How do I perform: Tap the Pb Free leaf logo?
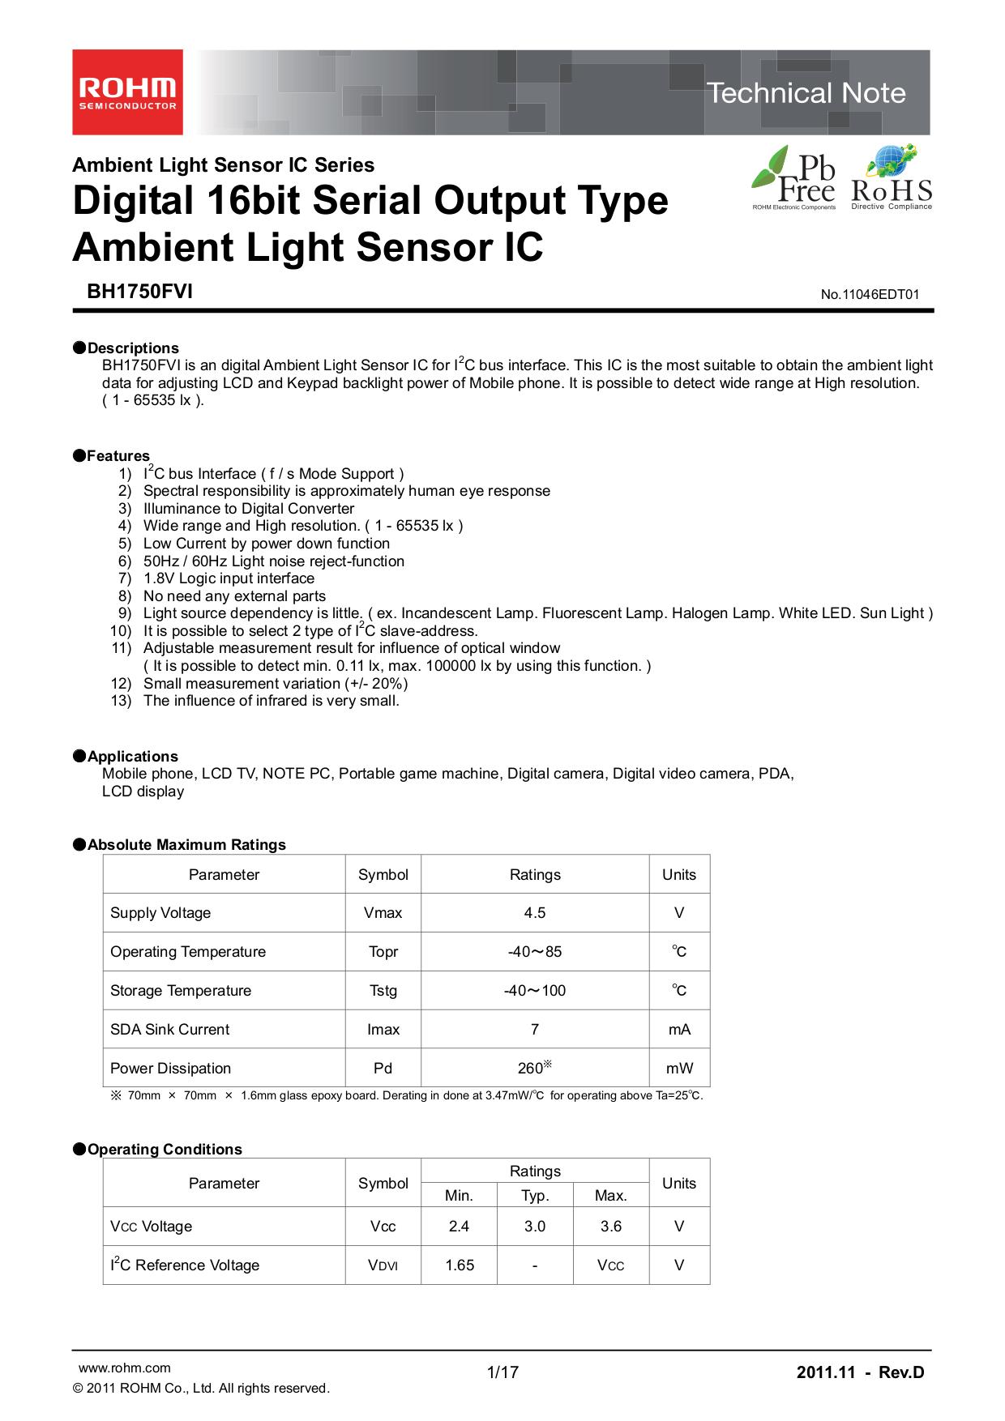pyautogui.click(x=793, y=177)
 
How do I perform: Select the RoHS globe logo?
pyautogui.click(x=892, y=177)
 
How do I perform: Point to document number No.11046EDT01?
pyautogui.click(x=870, y=295)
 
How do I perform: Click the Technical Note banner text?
pyautogui.click(x=806, y=93)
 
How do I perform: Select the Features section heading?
pyautogui.click(x=118, y=455)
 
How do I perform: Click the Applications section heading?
pyautogui.click(x=132, y=756)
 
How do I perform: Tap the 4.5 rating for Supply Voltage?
pyautogui.click(x=535, y=913)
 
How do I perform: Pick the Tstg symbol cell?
pyautogui.click(x=383, y=991)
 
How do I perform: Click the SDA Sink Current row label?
pyautogui.click(x=170, y=1030)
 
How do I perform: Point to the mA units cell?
pyautogui.click(x=679, y=1030)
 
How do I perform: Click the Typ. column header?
pyautogui.click(x=535, y=1196)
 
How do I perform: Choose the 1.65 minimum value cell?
pyautogui.click(x=460, y=1265)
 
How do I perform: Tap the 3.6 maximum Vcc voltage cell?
pyautogui.click(x=611, y=1227)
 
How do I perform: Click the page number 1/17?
pyautogui.click(x=502, y=1372)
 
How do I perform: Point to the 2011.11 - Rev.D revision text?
pyautogui.click(x=860, y=1372)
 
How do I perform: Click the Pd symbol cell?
pyautogui.click(x=383, y=1069)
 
